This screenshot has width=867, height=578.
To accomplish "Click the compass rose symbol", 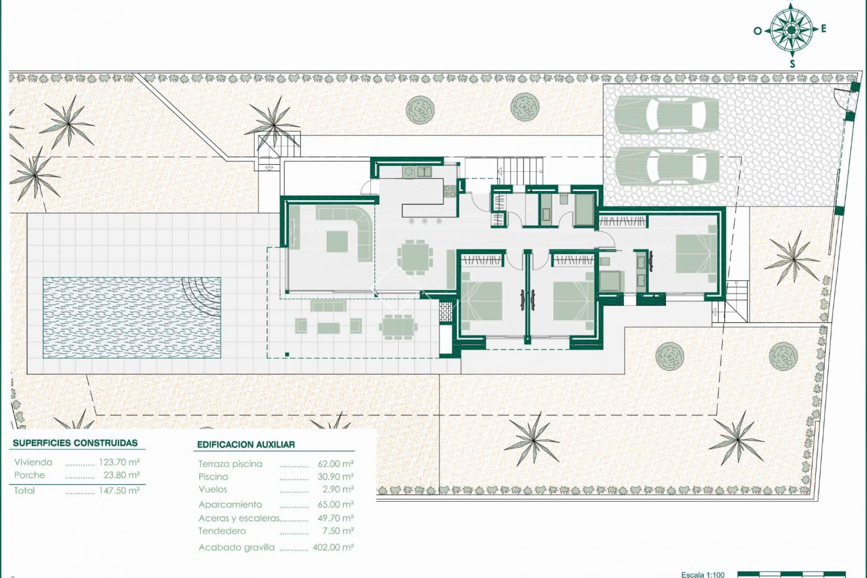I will [x=791, y=30].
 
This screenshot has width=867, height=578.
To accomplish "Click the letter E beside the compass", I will [x=824, y=29].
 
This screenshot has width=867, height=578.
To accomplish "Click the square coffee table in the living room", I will [x=337, y=241].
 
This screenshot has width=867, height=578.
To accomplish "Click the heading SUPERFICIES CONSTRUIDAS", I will [x=75, y=443].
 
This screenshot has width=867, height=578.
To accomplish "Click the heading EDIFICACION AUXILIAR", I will [x=246, y=445].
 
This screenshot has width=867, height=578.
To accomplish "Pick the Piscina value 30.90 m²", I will [x=335, y=477].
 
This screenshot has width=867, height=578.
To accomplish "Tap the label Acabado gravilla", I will [x=237, y=548].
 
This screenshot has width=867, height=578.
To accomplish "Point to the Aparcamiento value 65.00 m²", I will [x=335, y=504].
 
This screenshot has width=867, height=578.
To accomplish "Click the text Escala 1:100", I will [x=703, y=574].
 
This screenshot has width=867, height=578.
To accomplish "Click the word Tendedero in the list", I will [x=222, y=531].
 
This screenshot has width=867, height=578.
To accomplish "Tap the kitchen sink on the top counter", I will [x=424, y=172].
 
